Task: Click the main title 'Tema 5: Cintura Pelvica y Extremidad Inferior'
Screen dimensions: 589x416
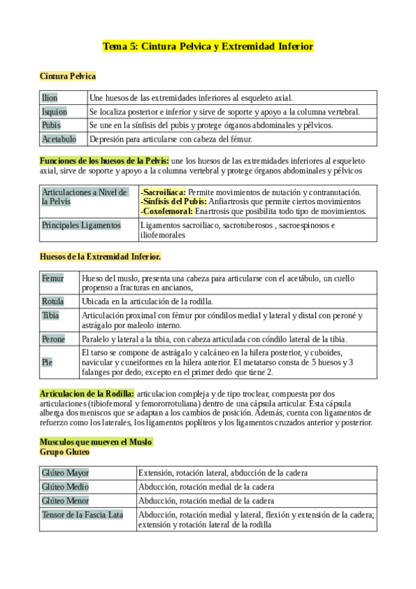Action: pos(208,47)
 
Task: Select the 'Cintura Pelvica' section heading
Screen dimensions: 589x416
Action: pos(67,76)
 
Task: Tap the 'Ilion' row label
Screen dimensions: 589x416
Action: pos(50,98)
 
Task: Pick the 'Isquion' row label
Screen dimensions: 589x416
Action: pos(54,111)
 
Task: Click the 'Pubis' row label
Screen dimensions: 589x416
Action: pos(51,125)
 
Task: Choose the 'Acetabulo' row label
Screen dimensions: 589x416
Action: pos(59,139)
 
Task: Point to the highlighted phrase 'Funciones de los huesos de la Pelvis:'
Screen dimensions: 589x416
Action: pos(104,160)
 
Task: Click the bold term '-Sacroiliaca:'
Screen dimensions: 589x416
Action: pos(163,192)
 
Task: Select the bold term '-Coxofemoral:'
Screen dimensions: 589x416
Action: pos(167,210)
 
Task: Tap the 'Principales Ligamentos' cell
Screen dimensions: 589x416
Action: pos(81,225)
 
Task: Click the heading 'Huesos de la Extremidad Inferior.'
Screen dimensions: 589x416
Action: pos(100,256)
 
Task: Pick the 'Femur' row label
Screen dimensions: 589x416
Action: pos(53,279)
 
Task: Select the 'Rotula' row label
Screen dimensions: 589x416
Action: pos(53,301)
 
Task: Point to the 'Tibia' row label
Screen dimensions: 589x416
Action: pos(50,315)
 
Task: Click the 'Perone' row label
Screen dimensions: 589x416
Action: pos(53,339)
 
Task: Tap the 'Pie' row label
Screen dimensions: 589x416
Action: pos(47,362)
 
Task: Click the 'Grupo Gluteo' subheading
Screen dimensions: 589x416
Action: pos(65,451)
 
